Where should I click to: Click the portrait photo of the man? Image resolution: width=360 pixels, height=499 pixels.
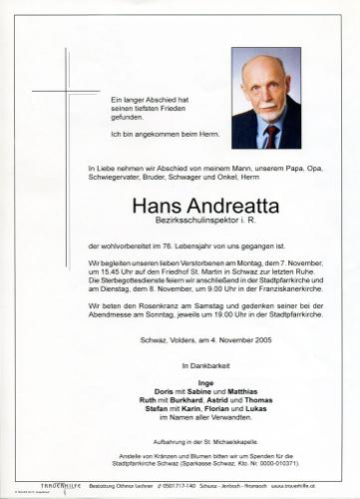(x=265, y=98)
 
